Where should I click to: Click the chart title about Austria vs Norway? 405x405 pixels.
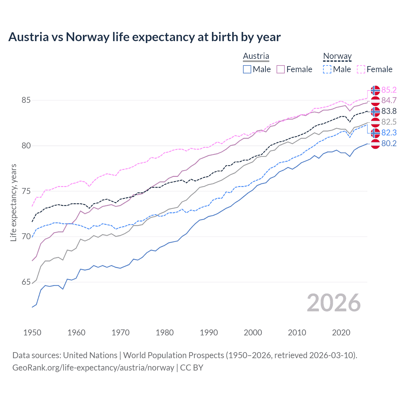click(144, 37)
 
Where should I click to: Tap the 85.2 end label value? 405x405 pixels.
click(389, 90)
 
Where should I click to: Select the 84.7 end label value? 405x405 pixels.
click(389, 100)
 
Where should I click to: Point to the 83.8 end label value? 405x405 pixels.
click(389, 111)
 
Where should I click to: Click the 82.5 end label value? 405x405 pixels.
click(389, 122)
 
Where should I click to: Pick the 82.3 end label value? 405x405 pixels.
click(389, 133)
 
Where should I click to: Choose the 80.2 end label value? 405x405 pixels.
click(389, 143)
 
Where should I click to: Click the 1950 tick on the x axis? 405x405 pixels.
click(32, 333)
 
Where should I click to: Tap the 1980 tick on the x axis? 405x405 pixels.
click(165, 333)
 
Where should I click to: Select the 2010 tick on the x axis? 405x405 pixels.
click(297, 333)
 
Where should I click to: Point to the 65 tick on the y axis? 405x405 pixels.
click(26, 282)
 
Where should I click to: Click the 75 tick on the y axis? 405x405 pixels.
click(26, 191)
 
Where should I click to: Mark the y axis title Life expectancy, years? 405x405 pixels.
click(14, 202)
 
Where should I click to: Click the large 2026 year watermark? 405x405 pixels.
click(333, 303)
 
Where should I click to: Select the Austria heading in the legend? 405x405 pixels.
click(256, 56)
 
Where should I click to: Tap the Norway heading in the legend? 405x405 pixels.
click(337, 56)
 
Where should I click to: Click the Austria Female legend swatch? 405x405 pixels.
click(281, 69)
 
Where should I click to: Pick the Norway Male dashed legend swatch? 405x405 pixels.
click(327, 69)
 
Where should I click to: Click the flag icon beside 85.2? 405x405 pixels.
click(375, 90)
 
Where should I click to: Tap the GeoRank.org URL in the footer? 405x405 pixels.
click(93, 368)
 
